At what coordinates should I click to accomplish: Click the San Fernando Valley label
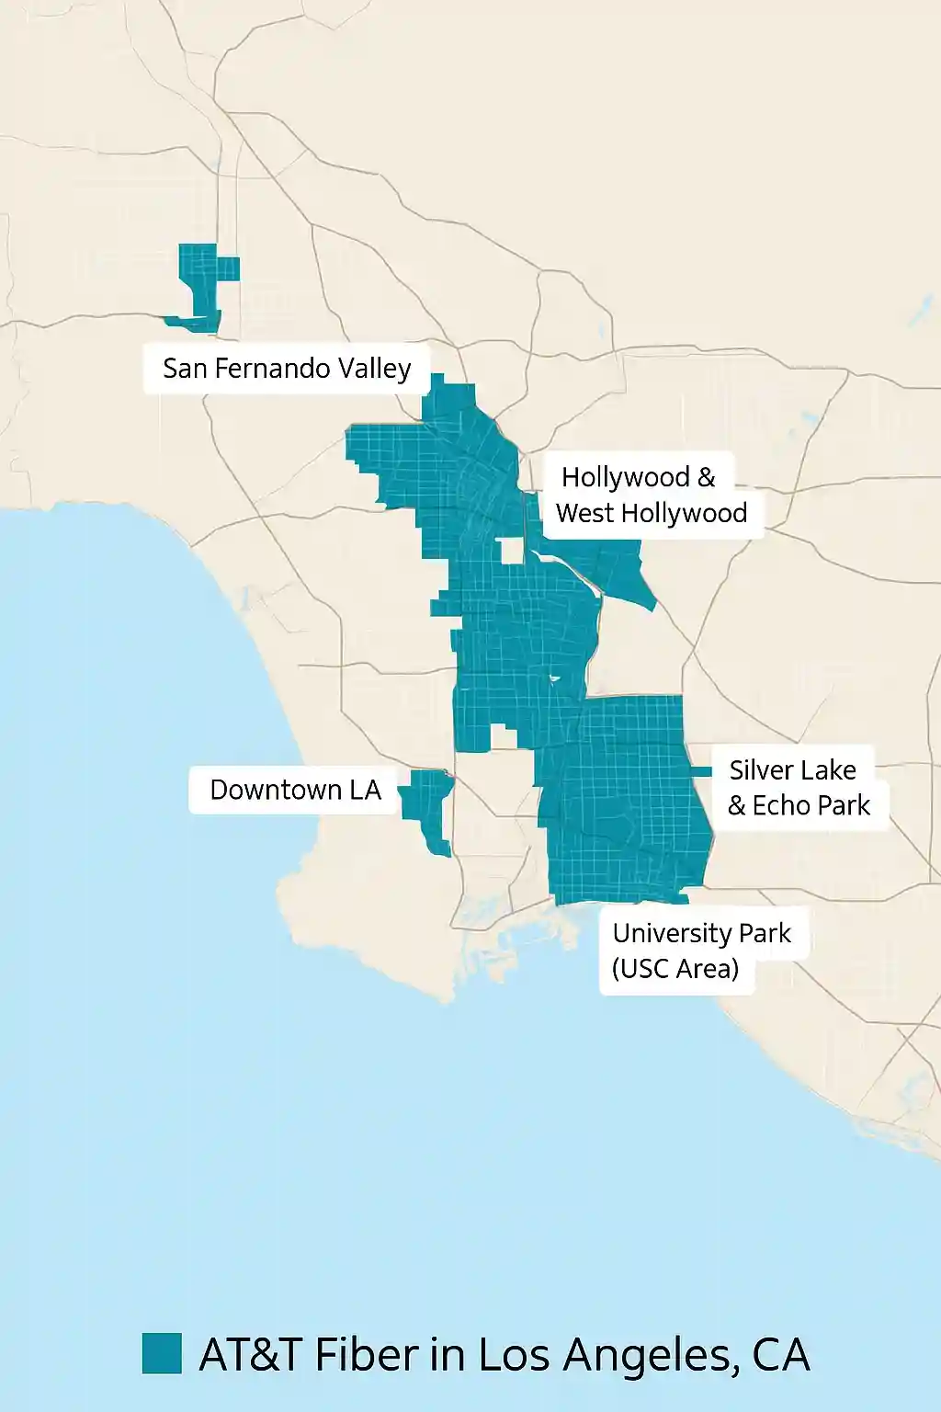pos(287,369)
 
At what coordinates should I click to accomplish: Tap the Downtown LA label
pos(295,790)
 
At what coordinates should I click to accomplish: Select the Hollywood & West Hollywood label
pos(652,495)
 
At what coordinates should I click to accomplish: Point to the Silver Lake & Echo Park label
pos(798,788)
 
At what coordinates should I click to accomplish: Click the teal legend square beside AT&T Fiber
pos(162,1353)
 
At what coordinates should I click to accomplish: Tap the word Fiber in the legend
pos(366,1355)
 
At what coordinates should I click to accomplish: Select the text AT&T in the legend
pos(250,1355)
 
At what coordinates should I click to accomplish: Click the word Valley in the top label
pos(374,369)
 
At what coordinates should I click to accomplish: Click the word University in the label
pos(672,933)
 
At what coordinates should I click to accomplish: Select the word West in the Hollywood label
pos(585,513)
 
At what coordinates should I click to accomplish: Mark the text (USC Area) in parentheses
pos(675,969)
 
